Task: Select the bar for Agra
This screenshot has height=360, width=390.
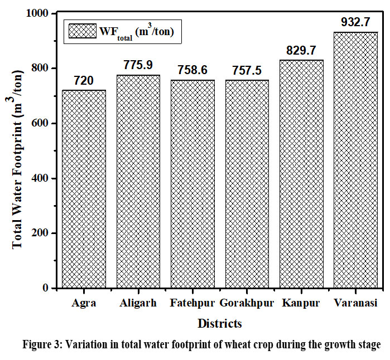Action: pos(84,189)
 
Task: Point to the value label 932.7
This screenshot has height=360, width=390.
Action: pos(356,23)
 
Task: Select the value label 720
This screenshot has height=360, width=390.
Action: pos(84,81)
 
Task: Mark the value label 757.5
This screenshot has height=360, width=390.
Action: pos(247,71)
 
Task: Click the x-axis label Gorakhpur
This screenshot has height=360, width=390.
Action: pos(247,303)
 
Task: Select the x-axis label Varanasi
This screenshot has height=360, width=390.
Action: pos(355,303)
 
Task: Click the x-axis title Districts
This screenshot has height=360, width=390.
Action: pos(219,324)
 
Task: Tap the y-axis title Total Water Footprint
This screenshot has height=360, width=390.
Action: pos(17,164)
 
